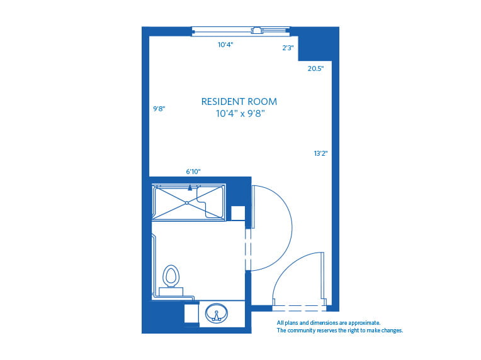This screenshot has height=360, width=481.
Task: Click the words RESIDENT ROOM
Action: click(x=239, y=101)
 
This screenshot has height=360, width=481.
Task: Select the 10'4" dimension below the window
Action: click(x=225, y=45)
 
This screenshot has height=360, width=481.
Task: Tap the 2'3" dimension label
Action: click(x=287, y=48)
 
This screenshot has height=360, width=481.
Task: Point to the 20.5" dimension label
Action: click(x=315, y=69)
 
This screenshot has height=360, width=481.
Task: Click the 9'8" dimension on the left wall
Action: click(x=159, y=109)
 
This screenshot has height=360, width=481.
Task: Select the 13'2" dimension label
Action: click(x=320, y=153)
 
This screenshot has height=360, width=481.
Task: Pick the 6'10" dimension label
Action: click(x=193, y=171)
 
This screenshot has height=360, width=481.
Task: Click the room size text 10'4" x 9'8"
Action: click(x=239, y=114)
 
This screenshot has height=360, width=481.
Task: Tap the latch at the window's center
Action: click(x=257, y=30)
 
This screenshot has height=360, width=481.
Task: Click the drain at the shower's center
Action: click(x=188, y=202)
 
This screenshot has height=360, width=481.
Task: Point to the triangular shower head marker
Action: click(x=190, y=187)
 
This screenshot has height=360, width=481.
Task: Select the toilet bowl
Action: click(x=171, y=275)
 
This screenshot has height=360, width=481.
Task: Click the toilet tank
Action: click(x=171, y=291)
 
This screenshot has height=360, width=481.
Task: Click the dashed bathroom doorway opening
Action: click(x=248, y=249)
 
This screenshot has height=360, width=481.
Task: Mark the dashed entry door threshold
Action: click(x=299, y=308)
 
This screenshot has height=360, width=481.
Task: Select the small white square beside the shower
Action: click(x=237, y=213)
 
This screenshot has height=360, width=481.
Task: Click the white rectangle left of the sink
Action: click(x=191, y=314)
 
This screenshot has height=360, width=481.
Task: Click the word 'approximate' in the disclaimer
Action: click(x=361, y=323)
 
